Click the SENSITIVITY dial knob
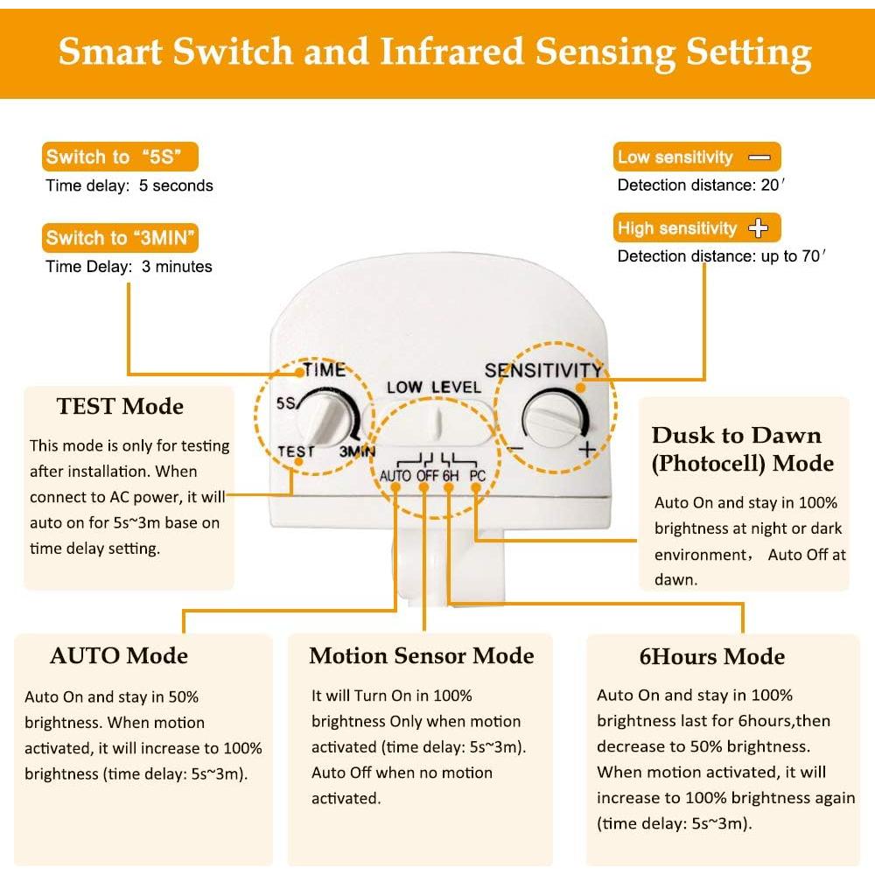coord(554,418)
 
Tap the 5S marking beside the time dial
coord(285,404)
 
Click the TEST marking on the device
coord(295,451)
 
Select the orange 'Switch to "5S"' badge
coord(121,157)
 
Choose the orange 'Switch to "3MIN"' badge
coord(121,238)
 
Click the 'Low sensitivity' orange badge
coord(696,157)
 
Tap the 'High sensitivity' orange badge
coord(696,228)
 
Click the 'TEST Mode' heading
coord(120,407)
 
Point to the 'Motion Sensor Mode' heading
coord(421,656)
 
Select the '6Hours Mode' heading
coord(711,657)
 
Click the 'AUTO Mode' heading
coord(119,656)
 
